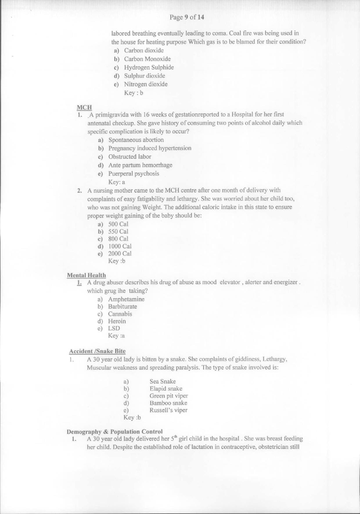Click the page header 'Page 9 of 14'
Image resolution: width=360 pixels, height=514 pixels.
(x=187, y=17)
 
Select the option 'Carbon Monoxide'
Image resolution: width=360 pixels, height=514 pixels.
(x=147, y=59)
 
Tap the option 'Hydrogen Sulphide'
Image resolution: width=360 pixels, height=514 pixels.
(x=149, y=67)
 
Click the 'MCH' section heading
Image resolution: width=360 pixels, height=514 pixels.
(x=84, y=107)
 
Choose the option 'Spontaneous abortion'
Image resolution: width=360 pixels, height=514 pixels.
(x=136, y=140)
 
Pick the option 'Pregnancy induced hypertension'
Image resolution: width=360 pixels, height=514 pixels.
(x=150, y=148)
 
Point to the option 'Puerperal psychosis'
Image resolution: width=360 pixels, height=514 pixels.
(x=134, y=174)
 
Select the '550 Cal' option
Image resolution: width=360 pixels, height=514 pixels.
(x=118, y=232)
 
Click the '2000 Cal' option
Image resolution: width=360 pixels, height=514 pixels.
(x=120, y=253)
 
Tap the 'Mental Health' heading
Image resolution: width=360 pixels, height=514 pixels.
(x=87, y=275)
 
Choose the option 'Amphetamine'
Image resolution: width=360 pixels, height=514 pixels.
(x=126, y=299)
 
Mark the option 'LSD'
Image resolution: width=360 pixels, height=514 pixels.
(x=114, y=328)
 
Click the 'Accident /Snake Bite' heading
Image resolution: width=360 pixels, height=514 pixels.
(x=97, y=351)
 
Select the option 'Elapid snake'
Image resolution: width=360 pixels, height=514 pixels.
(x=166, y=389)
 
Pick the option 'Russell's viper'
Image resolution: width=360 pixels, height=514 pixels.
(x=168, y=410)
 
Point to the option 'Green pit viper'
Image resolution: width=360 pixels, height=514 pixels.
(x=169, y=396)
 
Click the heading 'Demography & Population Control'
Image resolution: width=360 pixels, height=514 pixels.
(x=115, y=431)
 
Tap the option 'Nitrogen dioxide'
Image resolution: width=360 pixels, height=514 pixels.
(x=146, y=84)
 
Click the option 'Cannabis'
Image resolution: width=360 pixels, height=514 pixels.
(x=120, y=314)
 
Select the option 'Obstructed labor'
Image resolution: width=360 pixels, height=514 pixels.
(x=130, y=157)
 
